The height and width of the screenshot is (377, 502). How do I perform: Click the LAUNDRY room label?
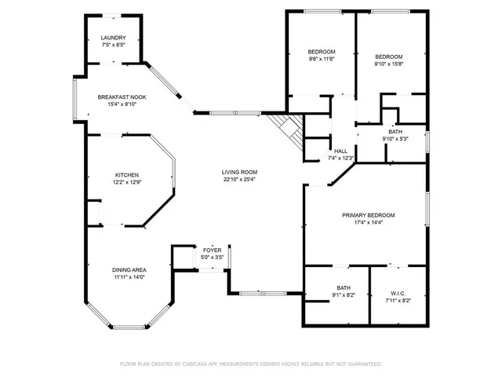(x=113, y=38)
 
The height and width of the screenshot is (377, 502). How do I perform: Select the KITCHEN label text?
(x=127, y=175)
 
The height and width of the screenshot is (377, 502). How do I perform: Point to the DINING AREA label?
(x=128, y=269)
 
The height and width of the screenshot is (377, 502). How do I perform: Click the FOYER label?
(x=213, y=250)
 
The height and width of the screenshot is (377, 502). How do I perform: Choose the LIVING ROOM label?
(x=239, y=172)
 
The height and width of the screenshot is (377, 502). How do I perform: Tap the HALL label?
(x=340, y=151)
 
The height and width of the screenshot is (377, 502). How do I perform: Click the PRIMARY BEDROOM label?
(x=368, y=215)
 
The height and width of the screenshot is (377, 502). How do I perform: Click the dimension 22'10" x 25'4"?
(x=239, y=179)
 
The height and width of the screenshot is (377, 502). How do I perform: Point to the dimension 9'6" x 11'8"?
(x=321, y=58)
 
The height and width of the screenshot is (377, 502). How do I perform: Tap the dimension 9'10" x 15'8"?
(x=388, y=64)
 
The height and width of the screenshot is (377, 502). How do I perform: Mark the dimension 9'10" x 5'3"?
(x=396, y=139)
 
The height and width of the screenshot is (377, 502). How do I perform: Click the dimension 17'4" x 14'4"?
(x=368, y=222)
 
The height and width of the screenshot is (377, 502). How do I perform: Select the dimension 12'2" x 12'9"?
(x=127, y=182)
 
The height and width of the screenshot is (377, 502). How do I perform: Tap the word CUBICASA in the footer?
(x=203, y=364)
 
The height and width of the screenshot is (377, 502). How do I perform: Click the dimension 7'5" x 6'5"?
(x=113, y=45)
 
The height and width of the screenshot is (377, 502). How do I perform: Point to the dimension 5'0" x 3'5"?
(x=213, y=257)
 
